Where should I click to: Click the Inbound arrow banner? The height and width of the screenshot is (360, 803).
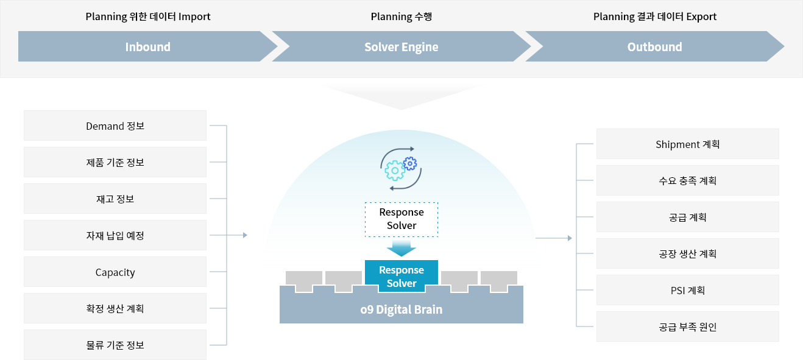point(147,46)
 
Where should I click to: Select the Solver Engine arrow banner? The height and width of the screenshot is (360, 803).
point(401,46)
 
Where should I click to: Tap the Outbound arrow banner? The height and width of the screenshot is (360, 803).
point(654,46)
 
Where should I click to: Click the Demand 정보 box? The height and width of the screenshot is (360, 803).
point(115,125)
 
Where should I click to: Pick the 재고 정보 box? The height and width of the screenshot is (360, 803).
point(115,199)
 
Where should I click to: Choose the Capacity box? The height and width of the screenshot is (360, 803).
point(115,272)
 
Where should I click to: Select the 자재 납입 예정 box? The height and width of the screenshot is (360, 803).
point(115,235)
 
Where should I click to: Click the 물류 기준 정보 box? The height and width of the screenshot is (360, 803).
point(115,345)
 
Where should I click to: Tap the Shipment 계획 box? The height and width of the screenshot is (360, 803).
point(688,144)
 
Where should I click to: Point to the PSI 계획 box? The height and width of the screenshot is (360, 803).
point(688,290)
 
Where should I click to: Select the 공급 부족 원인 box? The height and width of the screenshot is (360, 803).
point(688,326)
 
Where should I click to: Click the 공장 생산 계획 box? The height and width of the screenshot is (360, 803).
point(688,253)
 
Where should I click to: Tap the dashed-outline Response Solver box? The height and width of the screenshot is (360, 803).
point(401,219)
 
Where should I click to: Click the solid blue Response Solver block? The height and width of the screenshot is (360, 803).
point(401,276)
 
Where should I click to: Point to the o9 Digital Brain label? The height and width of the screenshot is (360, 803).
point(401,309)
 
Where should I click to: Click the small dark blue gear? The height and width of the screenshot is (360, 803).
point(410,163)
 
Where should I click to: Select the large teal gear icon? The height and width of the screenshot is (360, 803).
point(395,171)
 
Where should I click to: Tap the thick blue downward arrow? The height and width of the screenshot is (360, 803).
point(401,248)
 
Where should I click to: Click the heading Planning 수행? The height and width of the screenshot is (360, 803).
point(401,16)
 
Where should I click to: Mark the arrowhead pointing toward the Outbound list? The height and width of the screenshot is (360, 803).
point(570,238)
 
